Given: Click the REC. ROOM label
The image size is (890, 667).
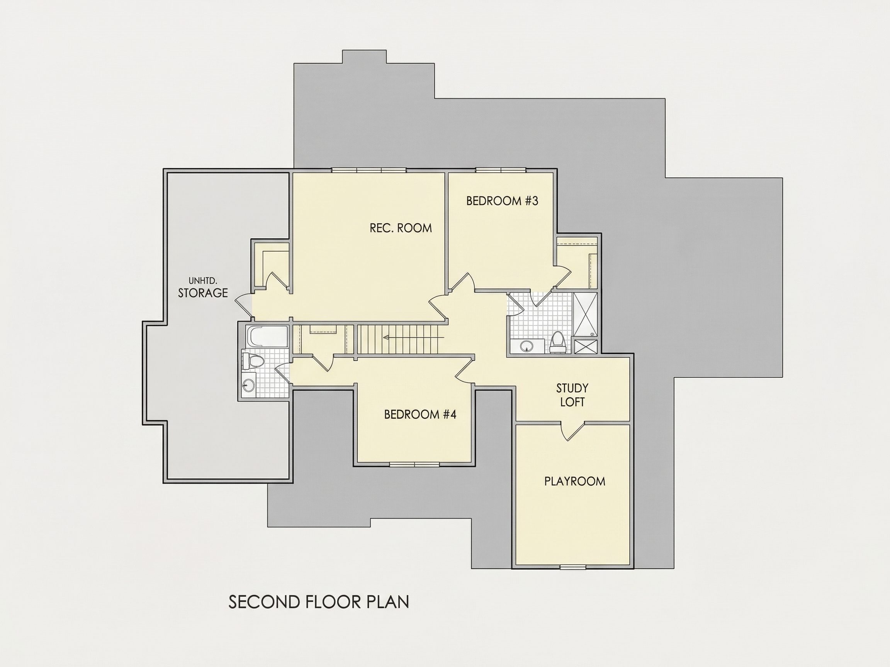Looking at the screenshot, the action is [x=401, y=228].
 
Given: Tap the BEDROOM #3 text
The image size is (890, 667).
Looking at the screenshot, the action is [x=502, y=201].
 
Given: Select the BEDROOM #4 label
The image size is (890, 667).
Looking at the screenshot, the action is [x=420, y=415].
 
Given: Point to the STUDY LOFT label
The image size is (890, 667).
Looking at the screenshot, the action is [x=572, y=395].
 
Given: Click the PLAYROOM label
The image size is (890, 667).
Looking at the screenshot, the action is [x=574, y=481].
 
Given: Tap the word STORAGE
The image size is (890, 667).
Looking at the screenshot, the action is [x=203, y=293].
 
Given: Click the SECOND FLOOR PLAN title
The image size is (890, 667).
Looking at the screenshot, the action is [x=319, y=602].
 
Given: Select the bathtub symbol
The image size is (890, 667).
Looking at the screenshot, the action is [x=267, y=337].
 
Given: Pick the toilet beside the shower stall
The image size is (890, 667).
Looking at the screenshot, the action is [x=558, y=341].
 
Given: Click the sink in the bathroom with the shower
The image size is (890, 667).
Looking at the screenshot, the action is [x=526, y=346].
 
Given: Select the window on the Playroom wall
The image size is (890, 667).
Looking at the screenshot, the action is [x=573, y=567].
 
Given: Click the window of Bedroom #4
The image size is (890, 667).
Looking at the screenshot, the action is [x=414, y=465].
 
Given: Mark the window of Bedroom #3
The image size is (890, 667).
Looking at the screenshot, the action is [x=501, y=170].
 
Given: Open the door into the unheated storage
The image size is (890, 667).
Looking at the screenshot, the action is [x=243, y=306].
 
